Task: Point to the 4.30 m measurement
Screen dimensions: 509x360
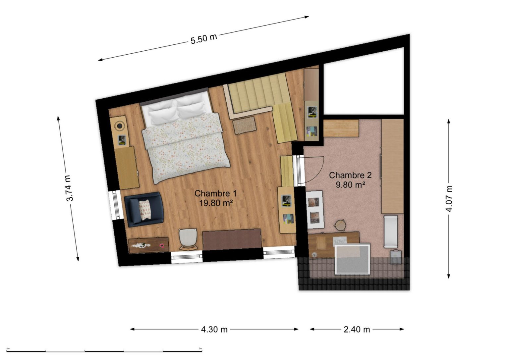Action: click(214, 329)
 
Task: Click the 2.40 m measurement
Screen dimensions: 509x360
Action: click(357, 329)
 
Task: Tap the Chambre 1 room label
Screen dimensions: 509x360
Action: click(215, 193)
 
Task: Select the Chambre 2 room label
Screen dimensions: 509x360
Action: click(350, 175)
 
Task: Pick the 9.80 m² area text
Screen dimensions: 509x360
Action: click(350, 185)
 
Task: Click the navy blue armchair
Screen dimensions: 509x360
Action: click(144, 209)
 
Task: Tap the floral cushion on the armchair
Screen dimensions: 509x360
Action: click(145, 210)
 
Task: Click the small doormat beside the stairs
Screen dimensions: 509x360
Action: click(245, 125)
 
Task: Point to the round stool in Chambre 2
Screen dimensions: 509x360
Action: click(340, 225)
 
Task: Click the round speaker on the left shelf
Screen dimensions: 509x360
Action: click(120, 126)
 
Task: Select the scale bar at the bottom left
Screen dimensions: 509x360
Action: click(104, 351)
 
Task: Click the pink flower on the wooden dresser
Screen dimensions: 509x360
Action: click(162, 245)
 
